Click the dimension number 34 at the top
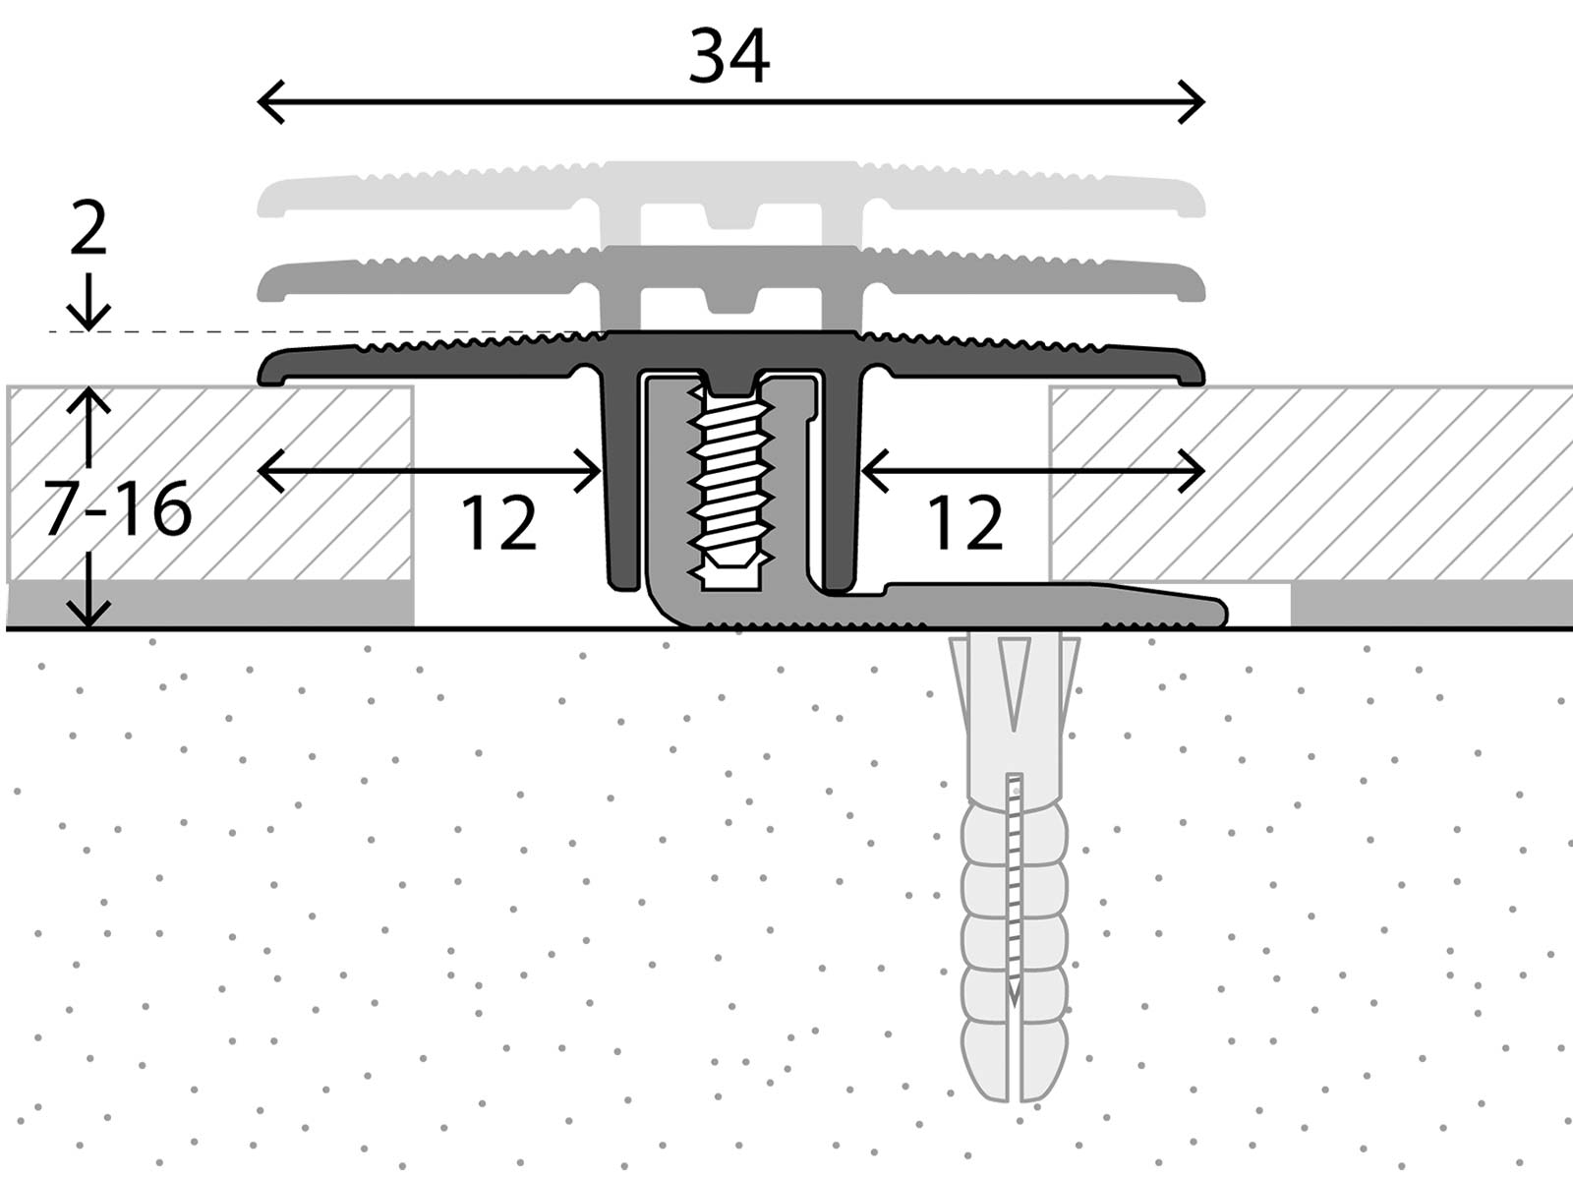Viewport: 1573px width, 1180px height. click(x=728, y=56)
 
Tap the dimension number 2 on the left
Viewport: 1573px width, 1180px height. click(x=88, y=230)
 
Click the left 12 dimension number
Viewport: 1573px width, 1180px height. click(x=498, y=523)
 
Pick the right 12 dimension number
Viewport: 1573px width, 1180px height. click(x=964, y=523)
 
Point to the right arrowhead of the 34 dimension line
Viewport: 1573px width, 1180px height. click(x=1199, y=101)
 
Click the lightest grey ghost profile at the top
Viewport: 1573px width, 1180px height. click(x=729, y=192)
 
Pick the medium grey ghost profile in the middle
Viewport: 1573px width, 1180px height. click(x=729, y=275)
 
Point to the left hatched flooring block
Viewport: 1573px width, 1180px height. click(x=209, y=482)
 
